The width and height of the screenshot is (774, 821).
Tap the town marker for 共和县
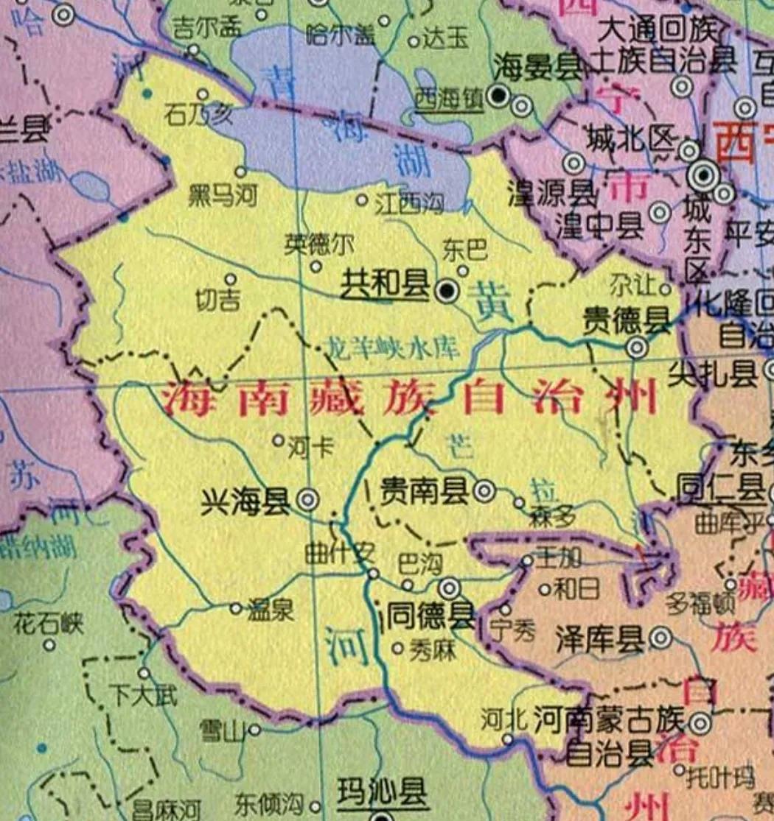(x=446, y=292)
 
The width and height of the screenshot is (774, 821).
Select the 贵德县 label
(x=627, y=321)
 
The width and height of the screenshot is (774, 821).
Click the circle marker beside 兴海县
(x=307, y=500)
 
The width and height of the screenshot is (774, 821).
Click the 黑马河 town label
(x=222, y=197)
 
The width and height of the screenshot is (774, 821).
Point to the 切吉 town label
(x=219, y=301)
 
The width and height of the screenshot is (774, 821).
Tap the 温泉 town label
(x=270, y=610)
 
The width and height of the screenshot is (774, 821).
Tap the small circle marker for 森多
(x=520, y=503)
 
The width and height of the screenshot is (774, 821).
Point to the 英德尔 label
(x=319, y=244)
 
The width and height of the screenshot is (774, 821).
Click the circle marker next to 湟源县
(x=573, y=163)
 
